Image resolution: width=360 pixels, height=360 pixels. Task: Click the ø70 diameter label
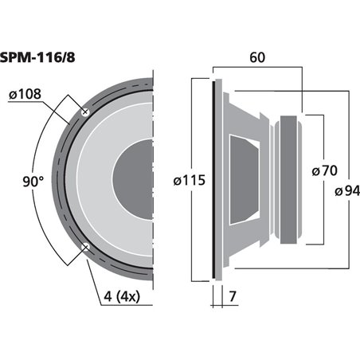point(324,170)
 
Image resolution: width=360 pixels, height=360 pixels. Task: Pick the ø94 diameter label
point(347,190)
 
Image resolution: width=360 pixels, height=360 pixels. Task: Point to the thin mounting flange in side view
point(214,179)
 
